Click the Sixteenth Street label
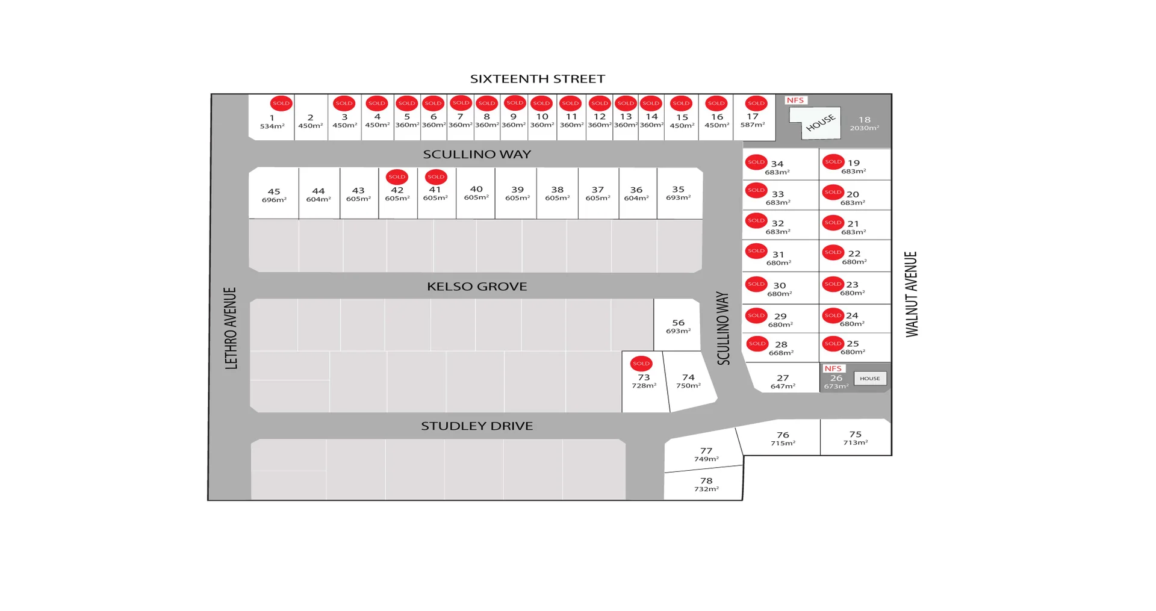[537, 79]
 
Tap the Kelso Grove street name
[477, 287]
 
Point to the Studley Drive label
[477, 426]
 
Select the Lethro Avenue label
[231, 328]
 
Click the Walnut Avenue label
[912, 294]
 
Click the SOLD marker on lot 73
[641, 364]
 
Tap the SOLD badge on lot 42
[397, 177]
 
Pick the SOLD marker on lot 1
[281, 104]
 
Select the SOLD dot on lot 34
[756, 162]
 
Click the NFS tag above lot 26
[833, 368]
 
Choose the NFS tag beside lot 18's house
[795, 101]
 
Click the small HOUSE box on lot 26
[869, 379]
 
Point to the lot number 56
[678, 323]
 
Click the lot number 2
[310, 118]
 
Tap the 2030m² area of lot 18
[864, 128]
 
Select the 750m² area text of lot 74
[688, 386]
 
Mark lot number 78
[706, 480]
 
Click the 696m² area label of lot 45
[274, 200]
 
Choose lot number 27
[783, 378]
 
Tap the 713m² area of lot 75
[855, 442]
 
